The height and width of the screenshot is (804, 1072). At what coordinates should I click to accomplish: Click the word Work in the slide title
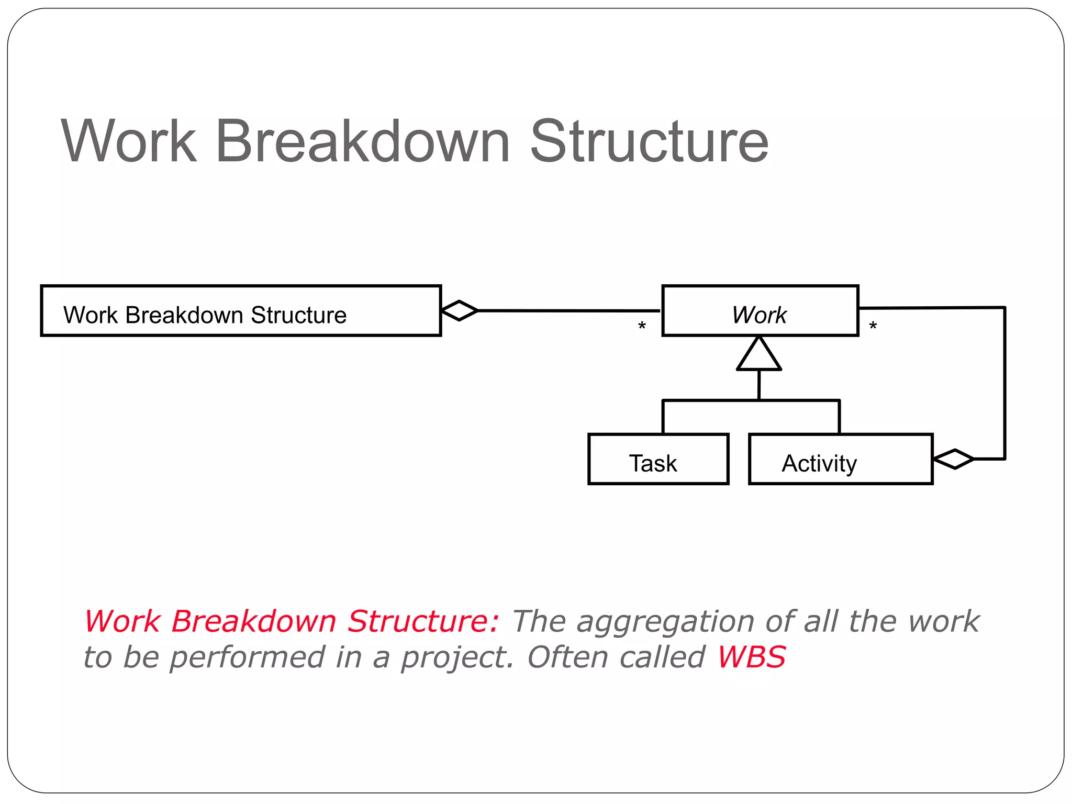pyautogui.click(x=129, y=141)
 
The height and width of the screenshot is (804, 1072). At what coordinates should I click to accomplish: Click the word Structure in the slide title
pyautogui.click(x=649, y=141)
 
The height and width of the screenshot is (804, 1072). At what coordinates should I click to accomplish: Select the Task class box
pyautogui.click(x=658, y=459)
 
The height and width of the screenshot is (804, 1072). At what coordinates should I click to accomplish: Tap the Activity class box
pyautogui.click(x=841, y=459)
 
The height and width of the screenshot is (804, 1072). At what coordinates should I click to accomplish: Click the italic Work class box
pyautogui.click(x=760, y=311)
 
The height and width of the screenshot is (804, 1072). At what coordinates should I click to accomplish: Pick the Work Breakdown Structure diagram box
pyautogui.click(x=241, y=311)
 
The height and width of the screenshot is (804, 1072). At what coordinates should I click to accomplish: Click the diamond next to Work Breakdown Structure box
pyautogui.click(x=460, y=311)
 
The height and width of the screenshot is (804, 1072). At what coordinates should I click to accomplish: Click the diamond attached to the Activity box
pyautogui.click(x=954, y=459)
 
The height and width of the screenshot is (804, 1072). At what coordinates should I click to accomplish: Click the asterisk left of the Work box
pyautogui.click(x=642, y=327)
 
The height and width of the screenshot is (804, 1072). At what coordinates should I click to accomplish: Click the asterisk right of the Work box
pyautogui.click(x=873, y=327)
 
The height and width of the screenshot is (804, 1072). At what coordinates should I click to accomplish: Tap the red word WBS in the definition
pyautogui.click(x=751, y=657)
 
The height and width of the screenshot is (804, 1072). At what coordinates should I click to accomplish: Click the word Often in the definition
pyautogui.click(x=564, y=657)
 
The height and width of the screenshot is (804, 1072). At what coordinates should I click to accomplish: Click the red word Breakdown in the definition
pyautogui.click(x=253, y=622)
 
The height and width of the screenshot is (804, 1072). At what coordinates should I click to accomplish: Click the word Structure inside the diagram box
pyautogui.click(x=298, y=316)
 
